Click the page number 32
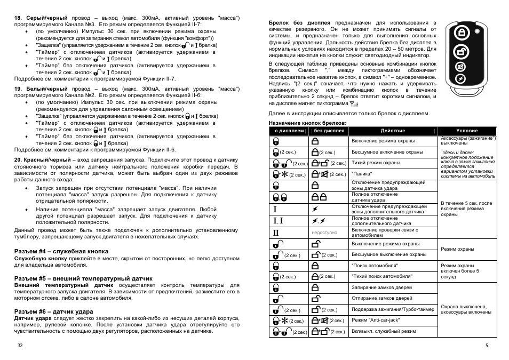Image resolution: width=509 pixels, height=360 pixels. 20,346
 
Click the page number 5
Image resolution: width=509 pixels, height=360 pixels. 487,346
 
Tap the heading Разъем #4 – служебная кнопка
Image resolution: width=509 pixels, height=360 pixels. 61,251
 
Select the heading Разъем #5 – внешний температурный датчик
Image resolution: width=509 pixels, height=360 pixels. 83,278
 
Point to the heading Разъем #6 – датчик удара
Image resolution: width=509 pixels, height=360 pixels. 53,311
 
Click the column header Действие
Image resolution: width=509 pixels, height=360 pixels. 393,131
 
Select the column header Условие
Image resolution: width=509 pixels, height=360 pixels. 467,131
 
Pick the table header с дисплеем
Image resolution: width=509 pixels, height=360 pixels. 289,131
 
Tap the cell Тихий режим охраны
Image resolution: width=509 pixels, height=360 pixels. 376,163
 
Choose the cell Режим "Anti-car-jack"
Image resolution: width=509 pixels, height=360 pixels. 376,320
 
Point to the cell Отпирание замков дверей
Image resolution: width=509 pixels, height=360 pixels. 381,298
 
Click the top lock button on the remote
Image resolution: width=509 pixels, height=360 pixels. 459,33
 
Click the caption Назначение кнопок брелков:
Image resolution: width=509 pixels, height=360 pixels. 303,123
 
